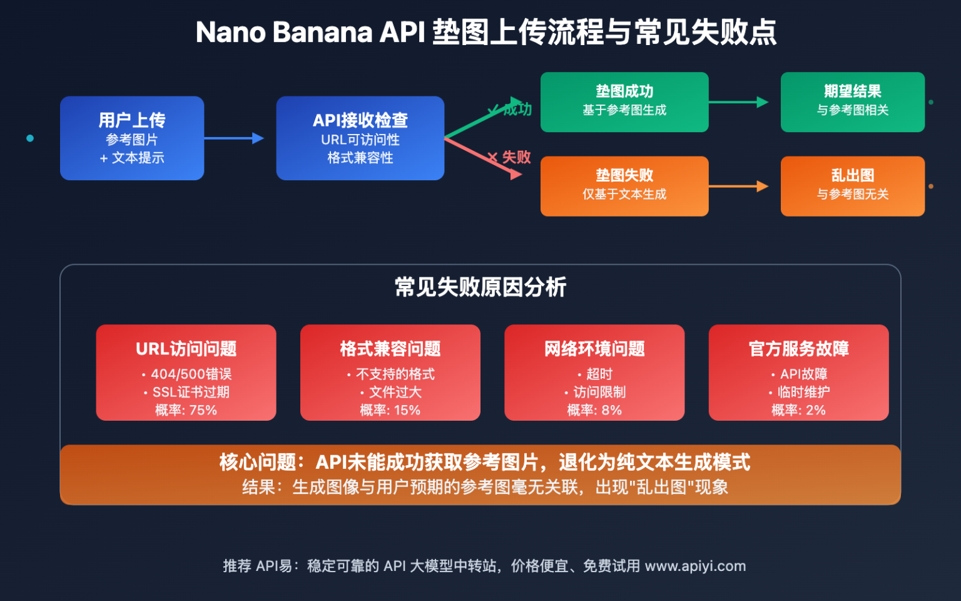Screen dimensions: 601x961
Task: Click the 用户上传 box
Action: click(132, 138)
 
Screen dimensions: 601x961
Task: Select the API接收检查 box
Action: click(360, 138)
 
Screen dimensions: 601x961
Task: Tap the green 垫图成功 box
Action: click(624, 102)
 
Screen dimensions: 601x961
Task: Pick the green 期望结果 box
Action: click(852, 102)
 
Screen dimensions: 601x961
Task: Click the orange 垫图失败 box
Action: click(624, 186)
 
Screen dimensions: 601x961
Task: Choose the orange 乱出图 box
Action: click(852, 186)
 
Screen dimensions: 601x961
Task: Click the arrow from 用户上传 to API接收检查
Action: click(234, 138)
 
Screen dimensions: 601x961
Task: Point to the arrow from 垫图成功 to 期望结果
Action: click(738, 102)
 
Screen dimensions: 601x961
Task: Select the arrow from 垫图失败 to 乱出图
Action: click(738, 186)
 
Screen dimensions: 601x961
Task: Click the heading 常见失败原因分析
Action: click(480, 287)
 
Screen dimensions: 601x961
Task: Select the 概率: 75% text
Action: click(186, 410)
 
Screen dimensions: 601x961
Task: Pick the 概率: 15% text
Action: click(390, 410)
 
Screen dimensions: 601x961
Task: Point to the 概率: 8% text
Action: click(594, 410)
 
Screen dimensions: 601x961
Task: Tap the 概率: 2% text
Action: click(798, 410)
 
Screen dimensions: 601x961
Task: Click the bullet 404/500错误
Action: click(191, 374)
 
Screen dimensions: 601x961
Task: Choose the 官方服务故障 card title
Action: click(798, 349)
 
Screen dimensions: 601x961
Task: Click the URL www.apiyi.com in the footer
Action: click(695, 566)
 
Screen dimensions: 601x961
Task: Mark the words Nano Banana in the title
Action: click(283, 33)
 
